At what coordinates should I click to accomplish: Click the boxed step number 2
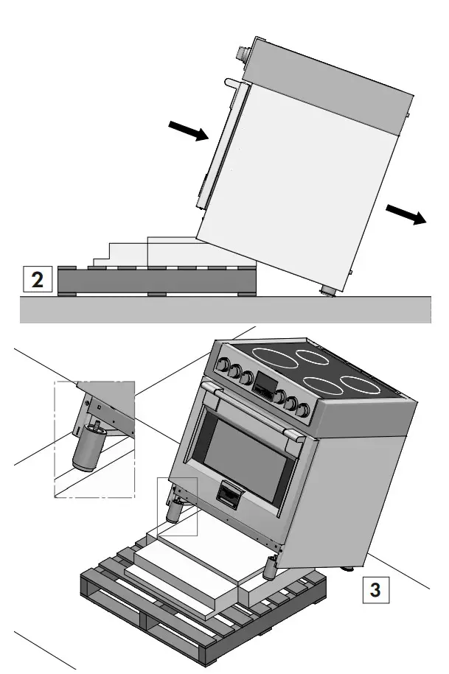tap(37, 280)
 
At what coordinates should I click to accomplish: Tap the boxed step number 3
tap(375, 589)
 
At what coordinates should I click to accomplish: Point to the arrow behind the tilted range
tap(406, 214)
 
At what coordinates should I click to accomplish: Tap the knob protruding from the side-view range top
tap(240, 54)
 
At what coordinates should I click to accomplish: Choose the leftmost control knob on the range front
tap(220, 364)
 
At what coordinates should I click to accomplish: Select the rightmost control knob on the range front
tap(302, 407)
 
